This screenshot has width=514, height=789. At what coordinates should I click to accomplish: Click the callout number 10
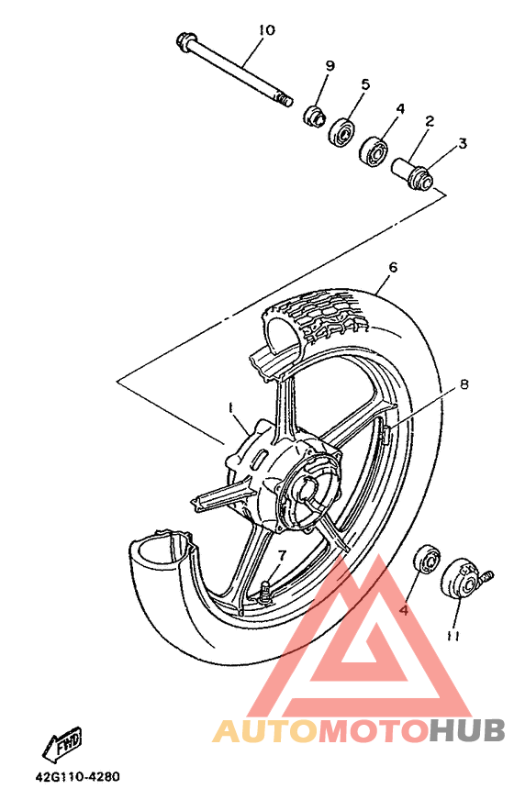click(267, 30)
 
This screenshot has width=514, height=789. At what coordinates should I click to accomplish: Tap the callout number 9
click(330, 66)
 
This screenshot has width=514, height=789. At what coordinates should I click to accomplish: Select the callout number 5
click(365, 84)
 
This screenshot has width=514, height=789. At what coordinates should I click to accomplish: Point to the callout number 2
click(430, 121)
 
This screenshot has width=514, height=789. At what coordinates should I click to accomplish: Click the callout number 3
click(463, 143)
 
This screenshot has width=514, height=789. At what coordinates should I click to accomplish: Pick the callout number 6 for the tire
click(393, 267)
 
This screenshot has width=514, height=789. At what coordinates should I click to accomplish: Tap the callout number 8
click(464, 384)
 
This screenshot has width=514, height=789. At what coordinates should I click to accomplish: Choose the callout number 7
click(282, 556)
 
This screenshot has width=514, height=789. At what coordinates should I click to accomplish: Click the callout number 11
click(453, 637)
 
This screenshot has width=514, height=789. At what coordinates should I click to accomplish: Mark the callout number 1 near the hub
click(230, 407)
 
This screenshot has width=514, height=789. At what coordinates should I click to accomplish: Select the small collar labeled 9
click(315, 117)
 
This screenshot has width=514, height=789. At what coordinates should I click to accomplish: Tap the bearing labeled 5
click(342, 131)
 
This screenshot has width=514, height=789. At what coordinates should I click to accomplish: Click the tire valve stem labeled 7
click(265, 590)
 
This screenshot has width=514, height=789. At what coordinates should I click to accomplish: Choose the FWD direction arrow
click(62, 743)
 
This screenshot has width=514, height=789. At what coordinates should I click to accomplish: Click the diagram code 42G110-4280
click(77, 776)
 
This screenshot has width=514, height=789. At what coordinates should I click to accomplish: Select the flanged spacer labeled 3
click(421, 179)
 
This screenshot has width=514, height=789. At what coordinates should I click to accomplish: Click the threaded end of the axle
click(285, 100)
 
